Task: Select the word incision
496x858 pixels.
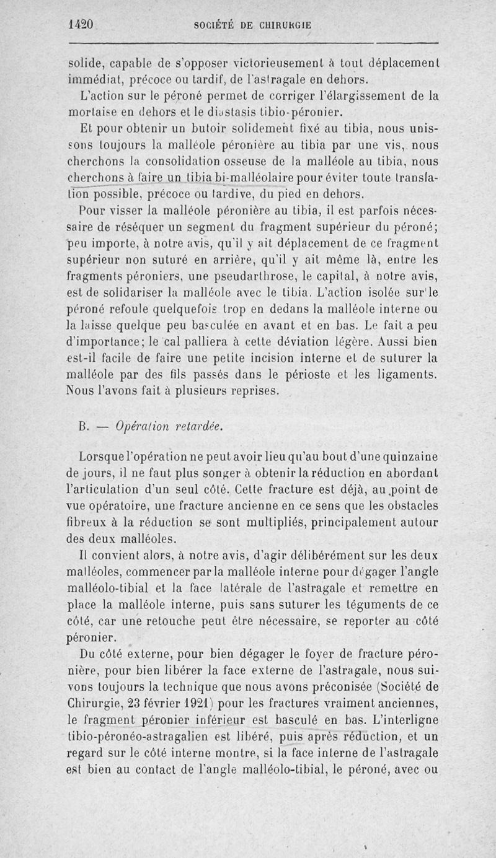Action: [274, 357]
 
